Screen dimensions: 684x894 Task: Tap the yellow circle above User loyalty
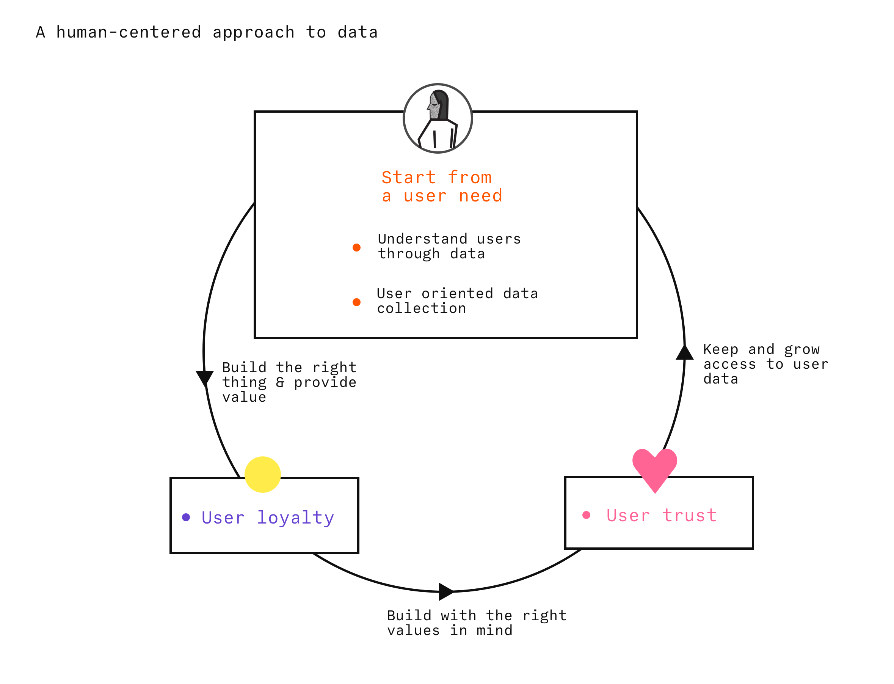(262, 474)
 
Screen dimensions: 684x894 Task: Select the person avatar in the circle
(438, 118)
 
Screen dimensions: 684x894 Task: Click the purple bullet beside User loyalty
(186, 517)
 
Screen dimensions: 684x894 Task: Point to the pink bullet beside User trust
(587, 515)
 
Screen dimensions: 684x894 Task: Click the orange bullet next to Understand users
(356, 247)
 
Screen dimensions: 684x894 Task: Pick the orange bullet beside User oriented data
(356, 302)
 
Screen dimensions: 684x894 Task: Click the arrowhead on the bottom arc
(445, 591)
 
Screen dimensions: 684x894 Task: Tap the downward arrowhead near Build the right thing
(205, 378)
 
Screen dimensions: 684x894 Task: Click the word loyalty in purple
(295, 518)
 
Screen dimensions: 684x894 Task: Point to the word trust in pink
(689, 516)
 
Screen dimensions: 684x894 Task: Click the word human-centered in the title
(129, 32)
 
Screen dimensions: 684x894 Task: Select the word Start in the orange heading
(409, 178)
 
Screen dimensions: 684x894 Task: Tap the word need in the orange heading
(481, 196)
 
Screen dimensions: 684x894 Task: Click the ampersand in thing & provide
(280, 382)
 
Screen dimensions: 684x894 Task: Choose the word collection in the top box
(422, 308)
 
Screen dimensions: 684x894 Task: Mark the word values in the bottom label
(413, 631)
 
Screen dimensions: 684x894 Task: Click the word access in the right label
(729, 364)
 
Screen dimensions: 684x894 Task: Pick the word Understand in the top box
(422, 239)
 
